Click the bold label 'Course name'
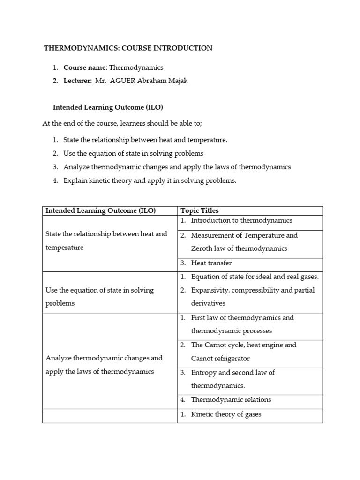click(85, 67)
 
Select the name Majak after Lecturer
click(178, 81)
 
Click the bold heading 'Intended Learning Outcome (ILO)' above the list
click(108, 107)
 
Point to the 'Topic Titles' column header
click(200, 210)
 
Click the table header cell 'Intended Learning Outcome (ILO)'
click(100, 210)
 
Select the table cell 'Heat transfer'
click(211, 263)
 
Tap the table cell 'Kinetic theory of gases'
click(226, 414)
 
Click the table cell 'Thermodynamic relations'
click(231, 399)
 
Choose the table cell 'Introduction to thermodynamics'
click(241, 220)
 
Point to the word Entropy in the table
click(204, 372)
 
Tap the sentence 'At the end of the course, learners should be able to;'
click(122, 123)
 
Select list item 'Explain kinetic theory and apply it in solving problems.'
click(150, 180)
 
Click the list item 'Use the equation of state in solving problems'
click(133, 153)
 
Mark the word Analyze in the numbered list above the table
click(76, 167)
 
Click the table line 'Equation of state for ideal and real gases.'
click(255, 277)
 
